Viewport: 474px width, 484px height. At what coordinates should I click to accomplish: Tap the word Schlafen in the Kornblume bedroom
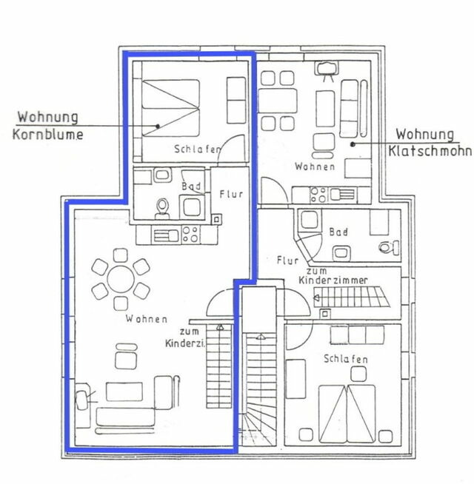click(197, 150)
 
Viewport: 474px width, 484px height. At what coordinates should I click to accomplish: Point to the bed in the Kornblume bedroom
click(170, 107)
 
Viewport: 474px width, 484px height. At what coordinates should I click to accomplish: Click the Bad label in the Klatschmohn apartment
click(338, 232)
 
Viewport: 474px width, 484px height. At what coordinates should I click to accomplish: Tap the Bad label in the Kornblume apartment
click(189, 186)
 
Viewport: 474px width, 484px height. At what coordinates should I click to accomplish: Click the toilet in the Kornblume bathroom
click(161, 206)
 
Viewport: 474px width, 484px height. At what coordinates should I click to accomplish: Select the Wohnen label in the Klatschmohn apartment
click(314, 167)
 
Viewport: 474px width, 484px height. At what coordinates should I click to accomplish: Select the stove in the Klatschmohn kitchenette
click(318, 195)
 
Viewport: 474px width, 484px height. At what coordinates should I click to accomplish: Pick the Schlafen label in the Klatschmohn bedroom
click(346, 359)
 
